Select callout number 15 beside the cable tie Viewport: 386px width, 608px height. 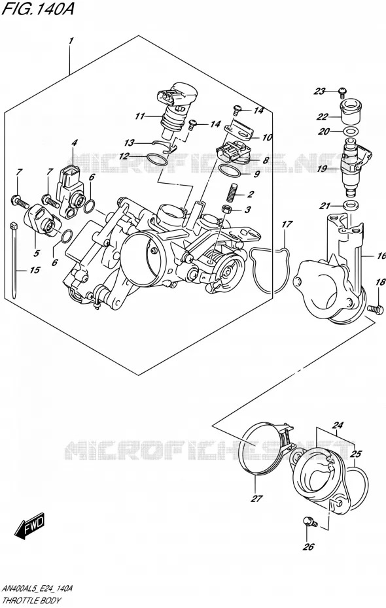(35, 270)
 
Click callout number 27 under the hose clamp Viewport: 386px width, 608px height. (257, 499)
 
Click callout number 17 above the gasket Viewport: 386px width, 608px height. (287, 224)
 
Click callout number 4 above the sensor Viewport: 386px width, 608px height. (74, 143)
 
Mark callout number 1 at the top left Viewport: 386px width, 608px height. (71, 41)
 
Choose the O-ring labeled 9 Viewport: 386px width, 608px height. (229, 170)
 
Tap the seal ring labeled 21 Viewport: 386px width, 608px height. (351, 205)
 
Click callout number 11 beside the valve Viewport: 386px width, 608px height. (140, 116)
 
